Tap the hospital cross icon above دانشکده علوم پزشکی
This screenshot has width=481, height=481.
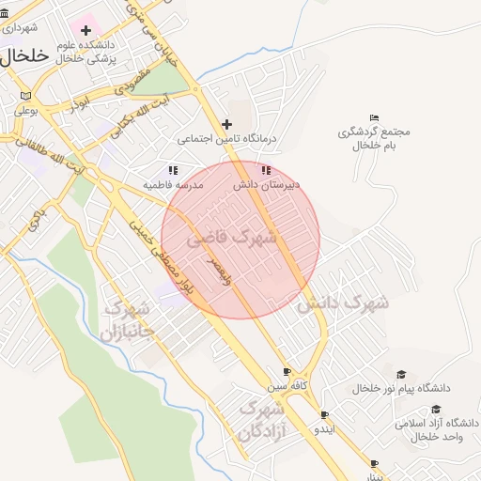pyautogui.click(x=85, y=31)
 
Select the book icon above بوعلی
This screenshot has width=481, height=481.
pyautogui.click(x=25, y=96)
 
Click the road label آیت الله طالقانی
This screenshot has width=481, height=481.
pyautogui.click(x=42, y=153)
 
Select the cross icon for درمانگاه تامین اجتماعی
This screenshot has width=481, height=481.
pyautogui.click(x=226, y=124)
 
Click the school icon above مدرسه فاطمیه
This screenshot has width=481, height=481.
pyautogui.click(x=173, y=170)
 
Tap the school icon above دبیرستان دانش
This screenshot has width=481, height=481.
pyautogui.click(x=266, y=170)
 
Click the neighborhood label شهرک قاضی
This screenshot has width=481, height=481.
pyautogui.click(x=232, y=239)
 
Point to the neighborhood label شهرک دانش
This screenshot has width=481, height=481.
pyautogui.click(x=343, y=303)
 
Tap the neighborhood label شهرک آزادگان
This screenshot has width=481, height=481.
pyautogui.click(x=262, y=420)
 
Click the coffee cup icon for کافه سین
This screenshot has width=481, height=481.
pyautogui.click(x=287, y=371)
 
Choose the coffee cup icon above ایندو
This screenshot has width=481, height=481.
pyautogui.click(x=324, y=414)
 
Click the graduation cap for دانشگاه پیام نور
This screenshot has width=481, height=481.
pyautogui.click(x=402, y=375)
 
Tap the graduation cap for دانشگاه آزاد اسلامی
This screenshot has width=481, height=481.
pyautogui.click(x=436, y=410)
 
